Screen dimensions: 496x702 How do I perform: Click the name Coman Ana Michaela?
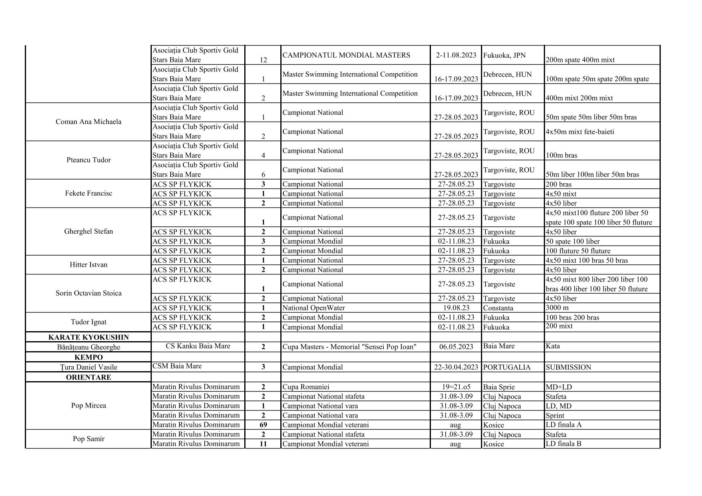pyautogui.click(x=88, y=122)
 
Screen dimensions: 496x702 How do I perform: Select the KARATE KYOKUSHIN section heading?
pyautogui.click(x=88, y=337)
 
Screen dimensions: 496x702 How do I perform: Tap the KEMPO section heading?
pyautogui.click(x=88, y=357)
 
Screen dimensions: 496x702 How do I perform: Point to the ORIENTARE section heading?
pyautogui.click(x=88, y=377)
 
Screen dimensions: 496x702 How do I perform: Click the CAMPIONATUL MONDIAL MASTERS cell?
pyautogui.click(x=346, y=55)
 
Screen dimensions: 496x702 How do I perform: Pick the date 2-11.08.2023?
pyautogui.click(x=456, y=55)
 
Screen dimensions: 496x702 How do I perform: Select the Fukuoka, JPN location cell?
pyautogui.click(x=504, y=55)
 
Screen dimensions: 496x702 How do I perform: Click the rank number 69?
pyautogui.click(x=263, y=425)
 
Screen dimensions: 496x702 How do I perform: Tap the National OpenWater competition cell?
pyautogui.click(x=313, y=308)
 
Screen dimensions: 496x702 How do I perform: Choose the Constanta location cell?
pyautogui.click(x=498, y=308)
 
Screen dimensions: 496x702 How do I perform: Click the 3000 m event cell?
pyautogui.click(x=557, y=308)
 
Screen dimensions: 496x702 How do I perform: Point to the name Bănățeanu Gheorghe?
pyautogui.click(x=88, y=347)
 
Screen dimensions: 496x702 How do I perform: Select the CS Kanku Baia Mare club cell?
pyautogui.click(x=198, y=346)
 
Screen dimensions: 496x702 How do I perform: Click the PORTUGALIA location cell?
pyautogui.click(x=507, y=367)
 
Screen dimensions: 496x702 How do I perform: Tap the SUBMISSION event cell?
pyautogui.click(x=568, y=367)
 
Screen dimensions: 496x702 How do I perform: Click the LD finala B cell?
pyautogui.click(x=563, y=444)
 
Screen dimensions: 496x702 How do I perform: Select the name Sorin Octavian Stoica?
pyautogui.click(x=88, y=293)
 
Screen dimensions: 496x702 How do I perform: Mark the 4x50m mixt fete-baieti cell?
pyautogui.click(x=579, y=132)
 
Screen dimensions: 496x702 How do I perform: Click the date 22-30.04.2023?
pyautogui.click(x=456, y=367)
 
